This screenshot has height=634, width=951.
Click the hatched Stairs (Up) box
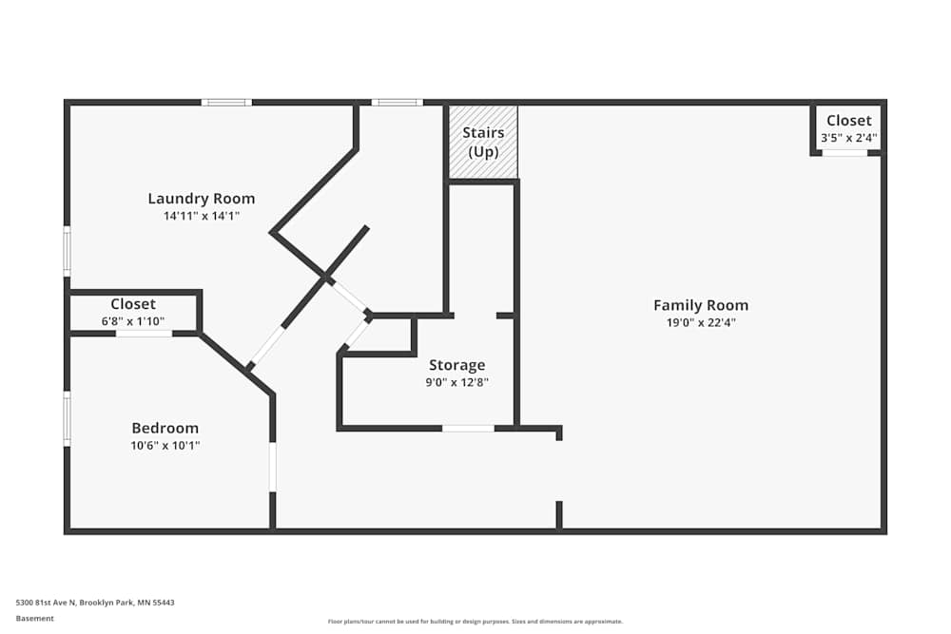coord(483,142)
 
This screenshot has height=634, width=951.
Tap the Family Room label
coord(701,305)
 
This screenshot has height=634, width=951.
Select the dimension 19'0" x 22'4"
coord(701,322)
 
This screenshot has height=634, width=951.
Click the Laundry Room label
coord(202,199)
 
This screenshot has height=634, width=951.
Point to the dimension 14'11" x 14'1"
coord(202,216)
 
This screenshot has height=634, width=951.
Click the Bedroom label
coord(165,428)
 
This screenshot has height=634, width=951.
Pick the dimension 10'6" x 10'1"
coord(165,445)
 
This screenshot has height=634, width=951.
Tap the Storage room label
coord(456,365)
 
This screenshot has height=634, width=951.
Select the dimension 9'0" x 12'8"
coord(456,382)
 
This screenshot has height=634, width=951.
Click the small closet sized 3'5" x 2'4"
coord(848,128)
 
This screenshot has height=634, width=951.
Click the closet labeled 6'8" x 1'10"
coord(133,312)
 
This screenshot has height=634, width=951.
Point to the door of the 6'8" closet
coord(144,334)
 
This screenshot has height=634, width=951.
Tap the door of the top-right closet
coord(844,153)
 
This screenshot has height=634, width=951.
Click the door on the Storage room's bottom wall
coord(468,429)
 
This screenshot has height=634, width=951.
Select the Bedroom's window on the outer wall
coord(67,419)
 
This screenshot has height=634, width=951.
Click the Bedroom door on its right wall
coord(273,467)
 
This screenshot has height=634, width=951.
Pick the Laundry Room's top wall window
coord(226,103)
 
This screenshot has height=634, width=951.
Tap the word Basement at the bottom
coord(35,618)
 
